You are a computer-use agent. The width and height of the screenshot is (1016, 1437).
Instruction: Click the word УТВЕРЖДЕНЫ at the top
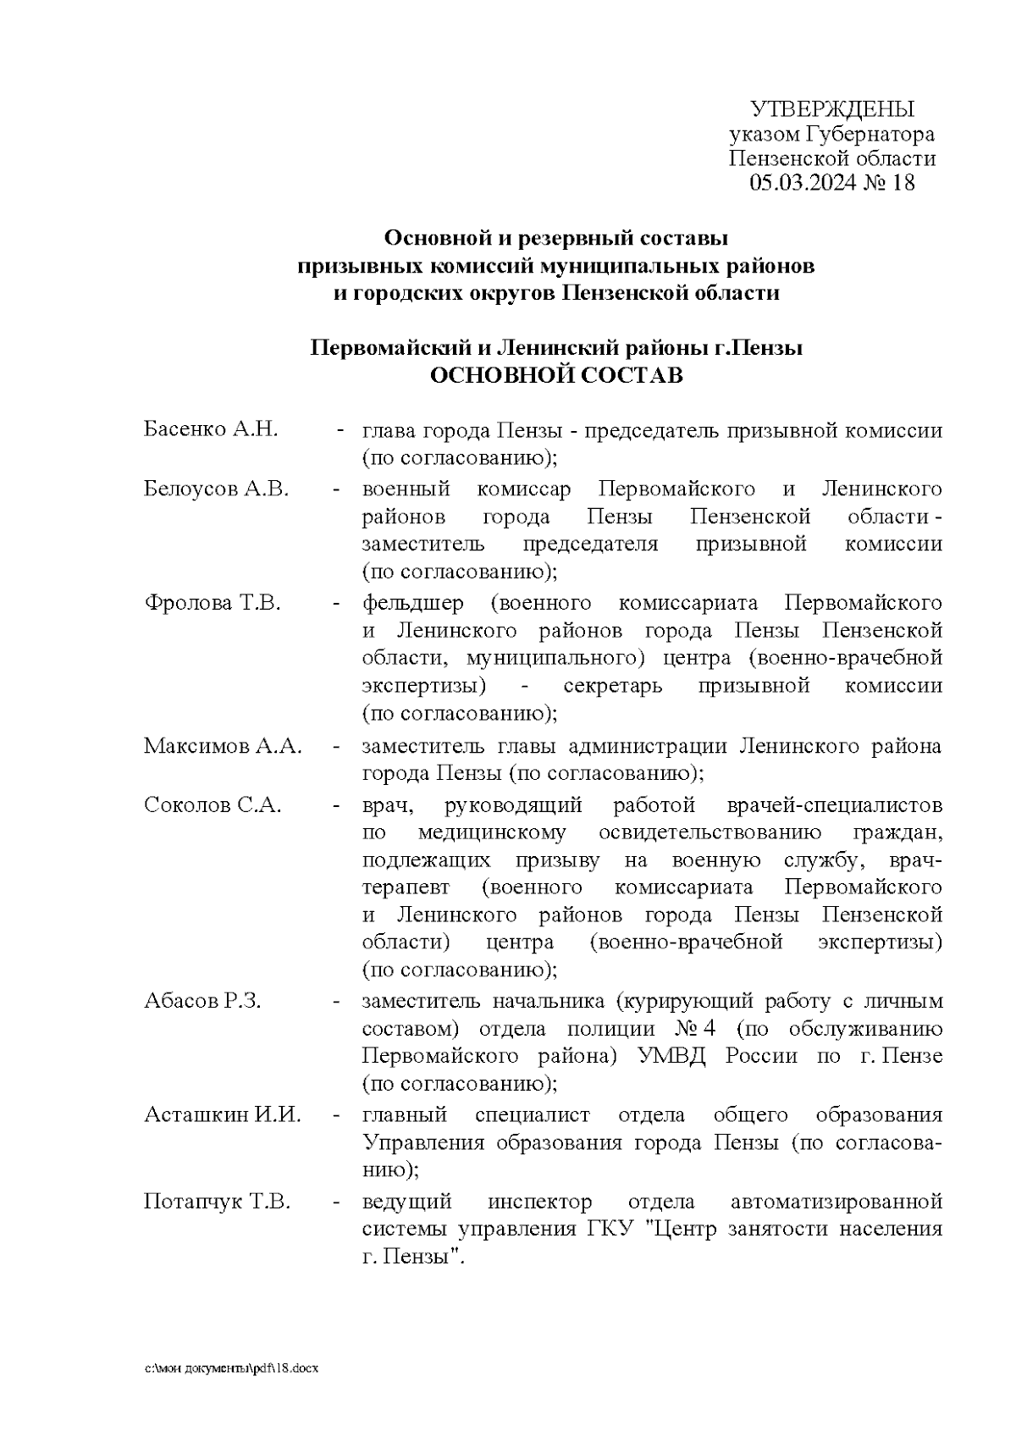pyautogui.click(x=833, y=109)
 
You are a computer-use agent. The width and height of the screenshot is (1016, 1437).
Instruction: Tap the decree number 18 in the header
pyautogui.click(x=903, y=183)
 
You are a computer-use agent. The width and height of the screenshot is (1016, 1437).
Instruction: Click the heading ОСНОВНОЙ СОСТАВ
pyautogui.click(x=556, y=375)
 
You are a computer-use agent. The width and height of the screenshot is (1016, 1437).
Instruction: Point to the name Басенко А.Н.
pyautogui.click(x=211, y=429)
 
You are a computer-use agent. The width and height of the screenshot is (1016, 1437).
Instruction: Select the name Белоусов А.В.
pyautogui.click(x=216, y=489)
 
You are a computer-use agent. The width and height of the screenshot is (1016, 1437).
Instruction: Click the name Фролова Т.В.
pyautogui.click(x=213, y=603)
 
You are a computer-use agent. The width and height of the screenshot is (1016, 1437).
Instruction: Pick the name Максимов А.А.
pyautogui.click(x=223, y=746)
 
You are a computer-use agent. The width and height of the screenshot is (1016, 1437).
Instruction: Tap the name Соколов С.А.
pyautogui.click(x=213, y=804)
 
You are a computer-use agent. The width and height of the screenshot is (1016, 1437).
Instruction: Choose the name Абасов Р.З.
pyautogui.click(x=202, y=1001)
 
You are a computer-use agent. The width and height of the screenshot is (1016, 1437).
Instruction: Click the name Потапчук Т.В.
pyautogui.click(x=218, y=1202)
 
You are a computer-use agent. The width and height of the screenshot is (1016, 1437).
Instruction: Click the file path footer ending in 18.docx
pyautogui.click(x=231, y=1368)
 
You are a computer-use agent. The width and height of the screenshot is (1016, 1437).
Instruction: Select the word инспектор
pyautogui.click(x=540, y=1202)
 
